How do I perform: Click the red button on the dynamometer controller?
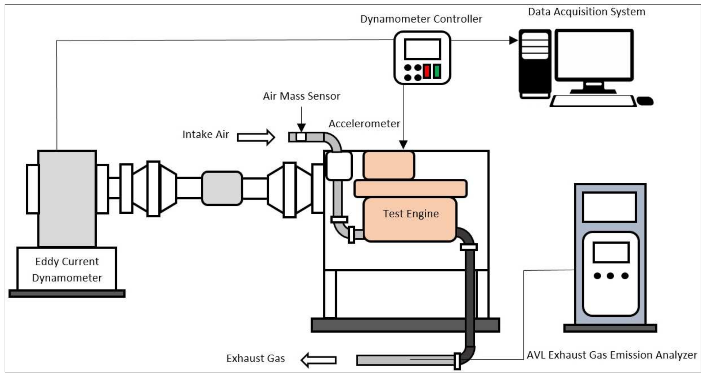[x=427, y=71]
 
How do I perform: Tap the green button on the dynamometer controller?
[x=437, y=71]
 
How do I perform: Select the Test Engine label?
[x=411, y=214]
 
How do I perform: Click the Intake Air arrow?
[x=256, y=137]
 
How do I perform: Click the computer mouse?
[x=645, y=101]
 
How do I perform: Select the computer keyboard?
[x=593, y=101]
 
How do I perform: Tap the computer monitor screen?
[x=594, y=54]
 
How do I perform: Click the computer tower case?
[x=535, y=64]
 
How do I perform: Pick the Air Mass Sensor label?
[x=301, y=96]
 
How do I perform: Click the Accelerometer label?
[x=365, y=124]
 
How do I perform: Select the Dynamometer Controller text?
[x=421, y=19]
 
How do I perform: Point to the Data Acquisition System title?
[x=587, y=12]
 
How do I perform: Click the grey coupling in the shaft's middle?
[x=222, y=188]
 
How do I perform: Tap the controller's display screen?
[x=422, y=49]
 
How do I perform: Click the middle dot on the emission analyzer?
[x=610, y=276]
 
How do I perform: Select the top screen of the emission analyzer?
[x=609, y=207]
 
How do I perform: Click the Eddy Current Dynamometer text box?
[x=67, y=269]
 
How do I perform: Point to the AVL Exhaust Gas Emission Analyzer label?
[x=612, y=355]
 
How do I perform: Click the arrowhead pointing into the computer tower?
[x=514, y=40]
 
